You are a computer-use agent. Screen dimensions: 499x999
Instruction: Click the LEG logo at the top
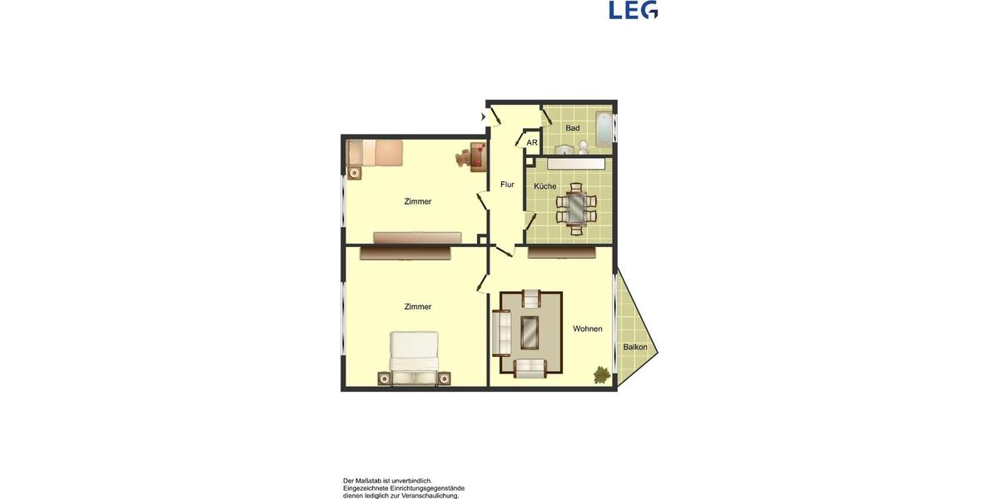[633, 10]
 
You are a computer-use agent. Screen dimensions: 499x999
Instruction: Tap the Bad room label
[573, 128]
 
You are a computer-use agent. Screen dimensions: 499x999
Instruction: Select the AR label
[532, 143]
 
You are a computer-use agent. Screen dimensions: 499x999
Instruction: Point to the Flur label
[507, 185]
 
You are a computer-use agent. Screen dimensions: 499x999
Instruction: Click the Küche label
[545, 186]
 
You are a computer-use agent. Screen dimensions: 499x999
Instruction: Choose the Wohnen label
[587, 329]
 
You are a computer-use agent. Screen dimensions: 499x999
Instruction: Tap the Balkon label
[635, 348]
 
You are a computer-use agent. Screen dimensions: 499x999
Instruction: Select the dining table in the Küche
[576, 205]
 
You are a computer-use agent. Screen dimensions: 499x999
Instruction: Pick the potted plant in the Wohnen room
[601, 375]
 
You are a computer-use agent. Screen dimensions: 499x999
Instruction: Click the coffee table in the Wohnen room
[529, 333]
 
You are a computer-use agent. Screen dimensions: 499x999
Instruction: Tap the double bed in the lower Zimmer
[414, 358]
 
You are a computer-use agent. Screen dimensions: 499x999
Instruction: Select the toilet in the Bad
[584, 148]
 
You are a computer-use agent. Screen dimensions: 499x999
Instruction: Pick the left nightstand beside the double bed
[384, 378]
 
